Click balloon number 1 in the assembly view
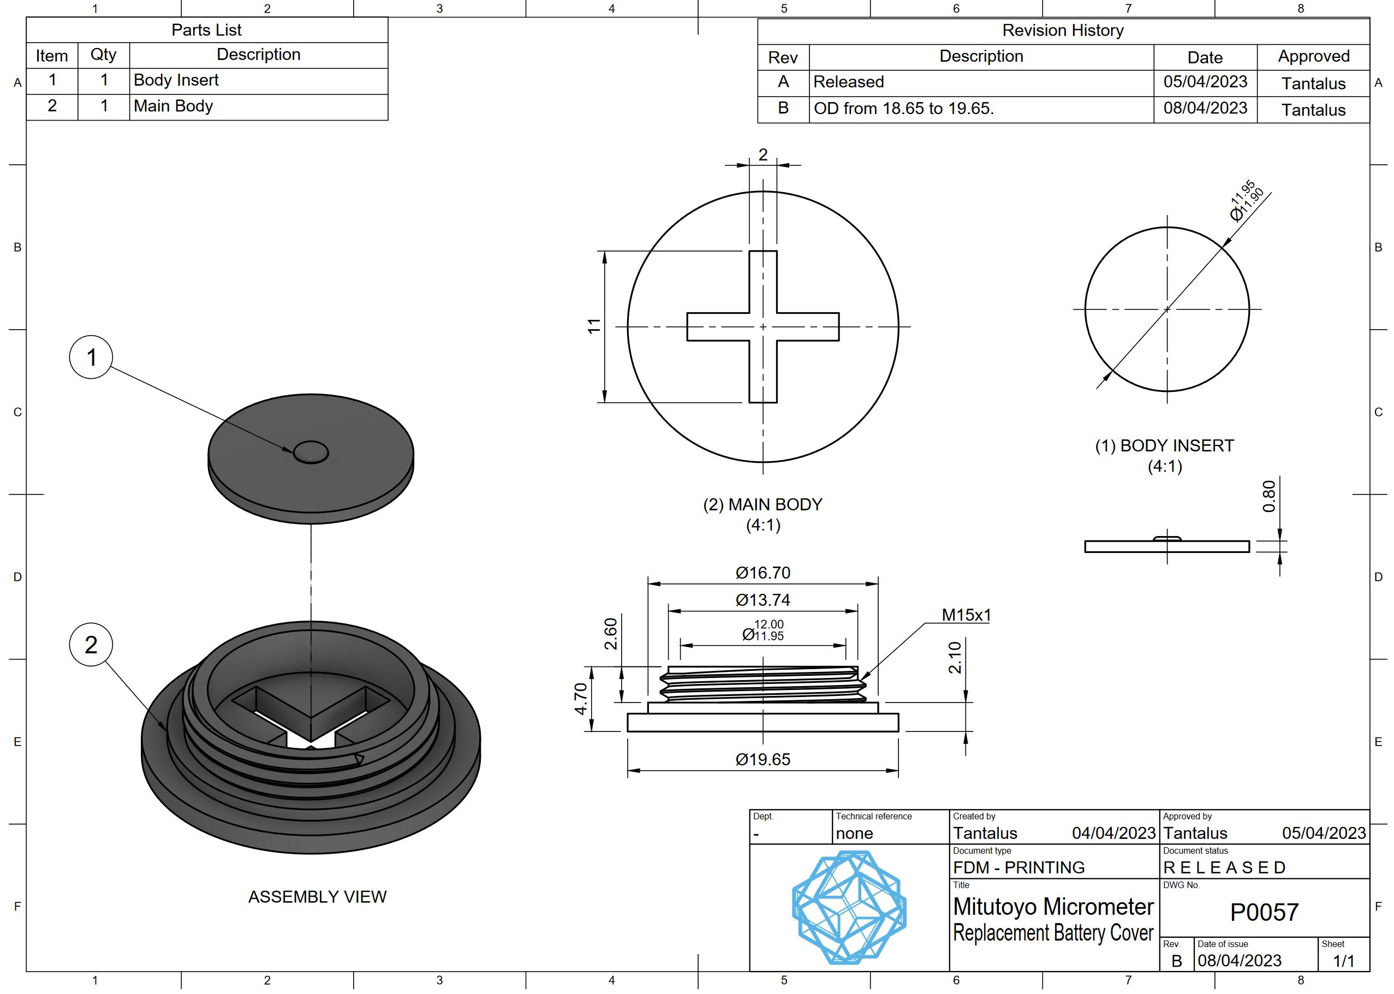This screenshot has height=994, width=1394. (x=91, y=357)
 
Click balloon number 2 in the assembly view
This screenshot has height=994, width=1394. (x=91, y=645)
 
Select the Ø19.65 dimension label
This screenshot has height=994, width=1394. (x=762, y=760)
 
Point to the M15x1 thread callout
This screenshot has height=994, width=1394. (x=966, y=615)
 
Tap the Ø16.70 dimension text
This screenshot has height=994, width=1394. (x=762, y=573)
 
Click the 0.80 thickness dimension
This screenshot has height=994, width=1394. (x=1269, y=496)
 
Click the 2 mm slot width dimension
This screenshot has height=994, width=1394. (x=762, y=155)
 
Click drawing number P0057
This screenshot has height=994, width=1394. (x=1264, y=913)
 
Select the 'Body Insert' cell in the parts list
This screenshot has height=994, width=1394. (x=176, y=80)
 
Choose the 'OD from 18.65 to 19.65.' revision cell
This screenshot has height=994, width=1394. (x=903, y=108)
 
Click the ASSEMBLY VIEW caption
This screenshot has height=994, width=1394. (x=317, y=897)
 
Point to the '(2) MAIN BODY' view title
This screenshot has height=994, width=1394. (x=762, y=504)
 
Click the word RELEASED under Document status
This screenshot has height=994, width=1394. (x=1224, y=867)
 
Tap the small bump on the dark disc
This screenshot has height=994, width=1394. (x=311, y=453)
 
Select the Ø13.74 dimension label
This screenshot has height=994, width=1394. (x=762, y=600)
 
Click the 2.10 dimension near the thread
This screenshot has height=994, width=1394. (x=955, y=657)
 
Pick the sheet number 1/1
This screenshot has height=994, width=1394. (x=1343, y=961)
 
